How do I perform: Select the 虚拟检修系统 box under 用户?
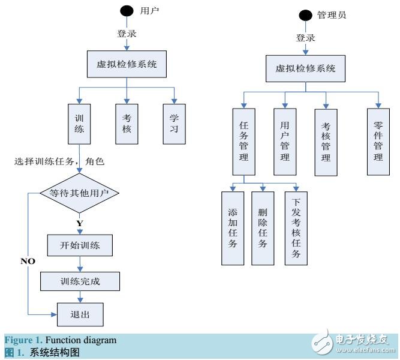tap(127, 64)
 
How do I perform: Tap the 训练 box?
tap(79, 124)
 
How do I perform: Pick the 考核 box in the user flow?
tap(127, 124)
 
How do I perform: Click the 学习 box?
tap(174, 124)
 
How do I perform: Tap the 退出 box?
tap(79, 313)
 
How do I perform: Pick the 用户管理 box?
tap(285, 141)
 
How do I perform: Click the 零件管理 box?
tap(378, 141)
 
